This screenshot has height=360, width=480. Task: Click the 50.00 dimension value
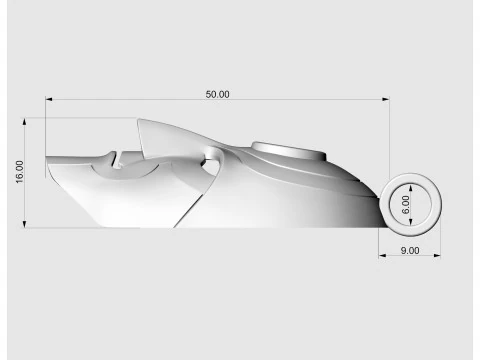218,94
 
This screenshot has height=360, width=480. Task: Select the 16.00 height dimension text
19,171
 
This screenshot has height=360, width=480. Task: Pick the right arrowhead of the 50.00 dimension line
386,100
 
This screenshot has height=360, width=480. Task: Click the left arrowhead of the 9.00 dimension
382,257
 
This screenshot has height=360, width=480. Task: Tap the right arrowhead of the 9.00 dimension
439,257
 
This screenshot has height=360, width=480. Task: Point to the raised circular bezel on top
290,150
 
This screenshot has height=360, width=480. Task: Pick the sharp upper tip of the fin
137,121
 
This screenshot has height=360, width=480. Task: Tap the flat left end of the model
48,158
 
